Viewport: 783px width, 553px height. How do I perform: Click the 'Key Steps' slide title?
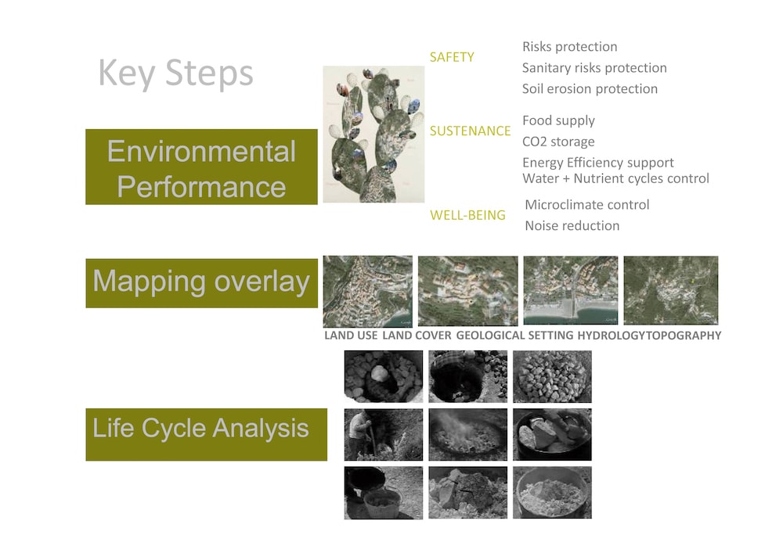pyautogui.click(x=175, y=74)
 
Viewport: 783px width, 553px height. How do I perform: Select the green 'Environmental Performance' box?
pyautogui.click(x=201, y=167)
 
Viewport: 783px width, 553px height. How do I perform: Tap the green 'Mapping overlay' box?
pyautogui.click(x=201, y=282)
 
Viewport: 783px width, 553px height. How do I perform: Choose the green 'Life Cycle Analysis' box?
pyautogui.click(x=206, y=434)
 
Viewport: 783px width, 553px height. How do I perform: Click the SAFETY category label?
pyautogui.click(x=452, y=57)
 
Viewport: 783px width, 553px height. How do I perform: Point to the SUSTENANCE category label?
pyautogui.click(x=471, y=131)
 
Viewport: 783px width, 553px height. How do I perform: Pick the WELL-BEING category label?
pyautogui.click(x=468, y=215)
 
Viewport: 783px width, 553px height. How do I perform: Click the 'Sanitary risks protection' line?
pyautogui.click(x=594, y=68)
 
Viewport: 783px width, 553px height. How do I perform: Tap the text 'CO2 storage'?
pyautogui.click(x=558, y=142)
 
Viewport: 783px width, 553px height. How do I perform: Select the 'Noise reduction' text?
pyautogui.click(x=572, y=226)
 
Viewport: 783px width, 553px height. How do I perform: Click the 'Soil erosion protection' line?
pyautogui.click(x=590, y=88)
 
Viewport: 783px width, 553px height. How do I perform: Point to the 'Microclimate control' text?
pyautogui.click(x=587, y=205)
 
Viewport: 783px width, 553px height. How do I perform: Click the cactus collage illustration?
pyautogui.click(x=373, y=134)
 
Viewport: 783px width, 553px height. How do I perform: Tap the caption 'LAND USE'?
pyautogui.click(x=351, y=336)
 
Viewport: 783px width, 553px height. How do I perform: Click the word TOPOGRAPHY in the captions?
pyautogui.click(x=684, y=336)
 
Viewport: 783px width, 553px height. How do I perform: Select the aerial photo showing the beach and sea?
pyautogui.click(x=571, y=290)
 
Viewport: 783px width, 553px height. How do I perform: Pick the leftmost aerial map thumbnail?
pyautogui.click(x=368, y=291)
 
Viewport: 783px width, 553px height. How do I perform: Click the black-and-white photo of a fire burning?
pyautogui.click(x=468, y=434)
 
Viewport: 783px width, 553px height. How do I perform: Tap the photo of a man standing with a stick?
pyautogui.click(x=384, y=434)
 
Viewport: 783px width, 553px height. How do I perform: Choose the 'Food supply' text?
pyautogui.click(x=558, y=120)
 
